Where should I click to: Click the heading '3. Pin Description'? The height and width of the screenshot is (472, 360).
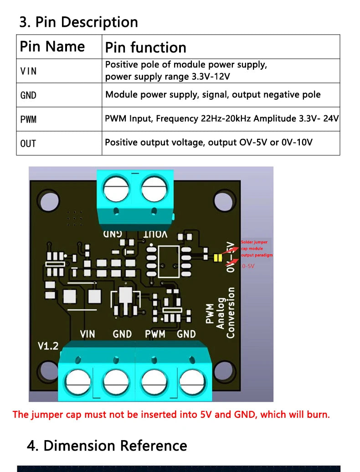[78, 22]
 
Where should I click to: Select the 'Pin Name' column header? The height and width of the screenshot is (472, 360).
[52, 46]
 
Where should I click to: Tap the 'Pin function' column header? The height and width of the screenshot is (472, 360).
[145, 47]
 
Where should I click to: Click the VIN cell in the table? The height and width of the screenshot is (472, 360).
[29, 71]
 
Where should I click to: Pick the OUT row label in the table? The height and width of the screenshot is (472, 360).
[28, 144]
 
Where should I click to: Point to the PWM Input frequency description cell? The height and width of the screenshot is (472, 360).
[221, 119]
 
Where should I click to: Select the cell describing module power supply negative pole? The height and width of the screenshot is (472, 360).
[213, 95]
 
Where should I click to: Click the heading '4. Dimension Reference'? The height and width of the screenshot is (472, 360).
[107, 445]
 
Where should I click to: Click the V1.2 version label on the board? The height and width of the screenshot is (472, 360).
[48, 346]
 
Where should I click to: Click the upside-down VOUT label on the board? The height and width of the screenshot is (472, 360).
[155, 234]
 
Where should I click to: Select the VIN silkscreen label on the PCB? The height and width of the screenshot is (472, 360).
[87, 334]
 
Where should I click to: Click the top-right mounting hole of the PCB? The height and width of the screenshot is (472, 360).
[223, 201]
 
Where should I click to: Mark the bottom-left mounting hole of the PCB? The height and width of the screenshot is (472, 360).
[48, 371]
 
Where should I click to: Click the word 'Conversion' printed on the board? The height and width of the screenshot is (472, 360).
[231, 313]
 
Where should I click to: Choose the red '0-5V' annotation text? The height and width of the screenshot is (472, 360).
[248, 266]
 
